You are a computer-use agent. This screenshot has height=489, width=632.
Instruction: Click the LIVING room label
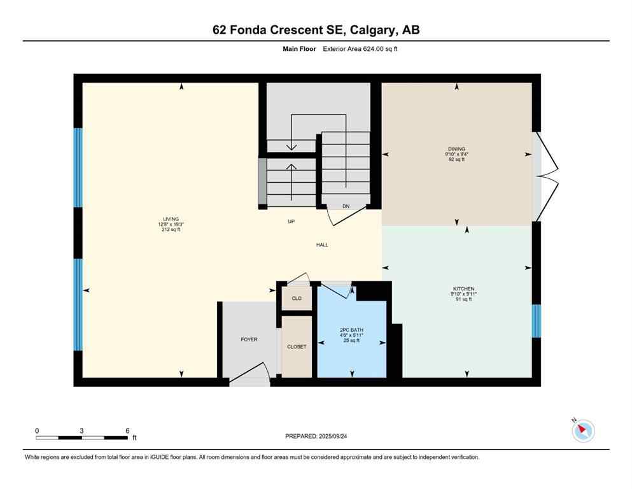pyautogui.click(x=170, y=219)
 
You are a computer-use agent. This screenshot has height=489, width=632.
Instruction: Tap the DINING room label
pyautogui.click(x=456, y=149)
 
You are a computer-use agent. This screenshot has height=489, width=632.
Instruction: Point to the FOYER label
pyautogui.click(x=249, y=339)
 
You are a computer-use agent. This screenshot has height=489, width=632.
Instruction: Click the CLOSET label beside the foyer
pyautogui.click(x=297, y=346)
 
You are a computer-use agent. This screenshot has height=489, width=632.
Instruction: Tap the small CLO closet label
pyautogui.click(x=297, y=298)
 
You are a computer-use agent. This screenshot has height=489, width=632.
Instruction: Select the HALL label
pyautogui.click(x=323, y=244)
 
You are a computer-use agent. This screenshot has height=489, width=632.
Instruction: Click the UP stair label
pyautogui.click(x=291, y=222)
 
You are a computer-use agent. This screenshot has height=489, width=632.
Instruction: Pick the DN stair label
pyautogui.click(x=346, y=206)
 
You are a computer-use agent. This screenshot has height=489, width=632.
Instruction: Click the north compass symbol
pyautogui.click(x=582, y=430)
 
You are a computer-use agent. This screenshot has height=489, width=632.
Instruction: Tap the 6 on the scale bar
pyautogui.click(x=127, y=430)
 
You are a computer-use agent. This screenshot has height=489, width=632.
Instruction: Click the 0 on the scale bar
pyautogui.click(x=37, y=430)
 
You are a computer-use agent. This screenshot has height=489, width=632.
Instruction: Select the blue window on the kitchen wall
pyautogui.click(x=536, y=320)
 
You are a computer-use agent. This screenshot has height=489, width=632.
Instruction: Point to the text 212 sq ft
pyautogui.click(x=170, y=229)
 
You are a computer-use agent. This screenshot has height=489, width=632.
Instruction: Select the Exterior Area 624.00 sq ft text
pyautogui.click(x=362, y=48)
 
